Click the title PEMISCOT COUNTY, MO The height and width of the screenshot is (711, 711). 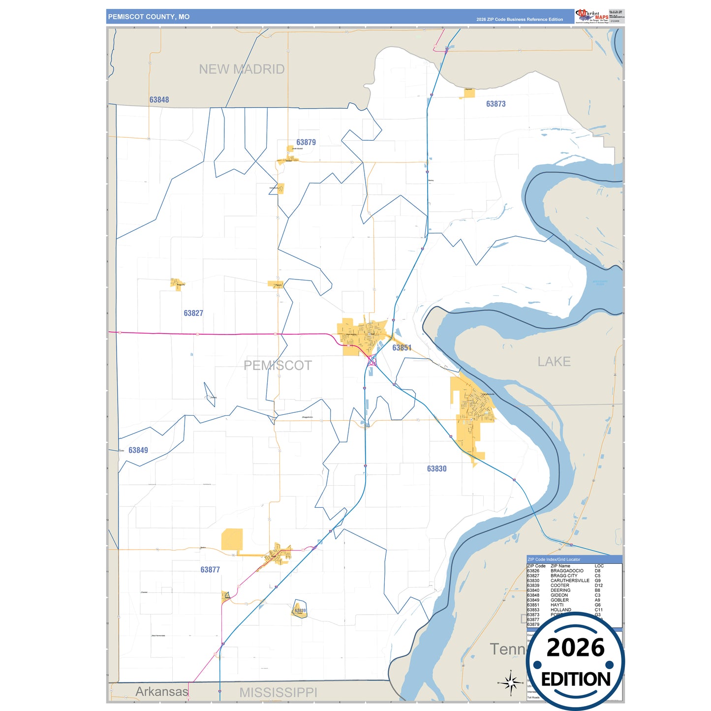point(149,17)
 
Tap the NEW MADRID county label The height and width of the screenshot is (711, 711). point(242,69)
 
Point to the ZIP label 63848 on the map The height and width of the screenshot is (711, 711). point(159,100)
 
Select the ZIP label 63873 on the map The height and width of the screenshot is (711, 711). point(495,104)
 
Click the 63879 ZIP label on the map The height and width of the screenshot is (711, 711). point(306,142)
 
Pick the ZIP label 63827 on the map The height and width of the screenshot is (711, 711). point(193,313)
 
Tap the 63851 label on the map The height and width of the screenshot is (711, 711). point(402,348)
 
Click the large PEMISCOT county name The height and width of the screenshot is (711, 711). point(278,366)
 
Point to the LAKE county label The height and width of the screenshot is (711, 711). point(554,362)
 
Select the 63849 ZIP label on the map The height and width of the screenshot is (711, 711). point(138,450)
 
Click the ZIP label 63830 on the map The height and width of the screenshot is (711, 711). point(436,469)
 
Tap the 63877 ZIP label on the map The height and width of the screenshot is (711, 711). point(210,570)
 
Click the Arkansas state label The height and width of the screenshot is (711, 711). point(162,691)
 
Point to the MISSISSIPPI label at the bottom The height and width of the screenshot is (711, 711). point(278,692)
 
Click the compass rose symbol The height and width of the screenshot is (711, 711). point(511,682)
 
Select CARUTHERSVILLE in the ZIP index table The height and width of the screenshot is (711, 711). point(569,581)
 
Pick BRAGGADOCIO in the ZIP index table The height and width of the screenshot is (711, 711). point(567,571)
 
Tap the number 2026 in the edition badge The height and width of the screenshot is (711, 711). point(575,648)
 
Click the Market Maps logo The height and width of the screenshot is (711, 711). point(591,16)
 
